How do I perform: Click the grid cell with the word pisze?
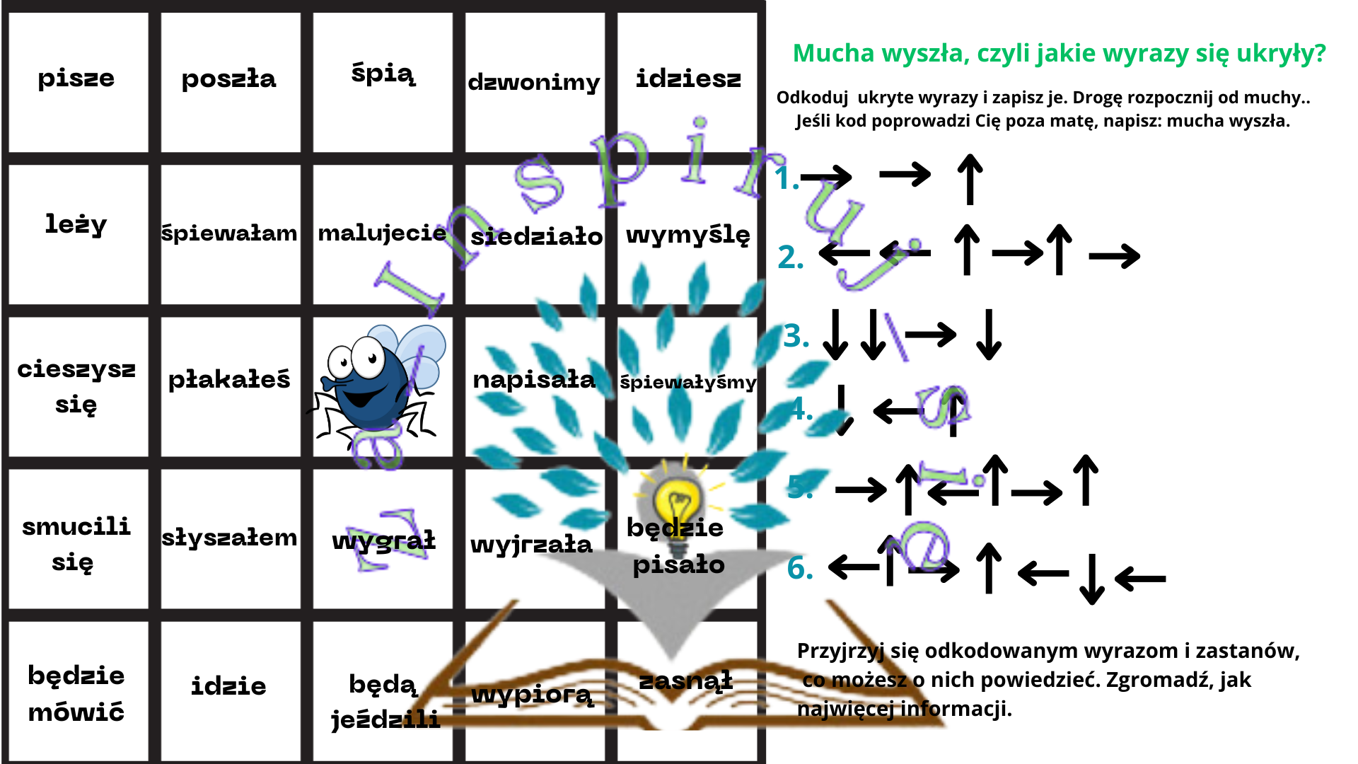click(x=76, y=79)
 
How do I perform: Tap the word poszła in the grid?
click(x=228, y=79)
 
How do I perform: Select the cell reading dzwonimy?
click(x=534, y=82)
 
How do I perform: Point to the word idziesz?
click(x=688, y=79)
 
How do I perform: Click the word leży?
click(x=76, y=225)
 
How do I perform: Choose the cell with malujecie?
click(x=382, y=233)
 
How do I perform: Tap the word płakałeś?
click(x=229, y=380)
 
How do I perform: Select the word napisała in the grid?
click(x=534, y=380)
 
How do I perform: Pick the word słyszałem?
click(x=229, y=538)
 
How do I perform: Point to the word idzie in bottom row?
click(x=228, y=686)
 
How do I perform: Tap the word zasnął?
click(x=685, y=681)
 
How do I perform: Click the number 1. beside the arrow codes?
click(x=787, y=178)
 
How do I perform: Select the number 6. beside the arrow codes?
click(x=800, y=568)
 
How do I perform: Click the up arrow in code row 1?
click(x=970, y=180)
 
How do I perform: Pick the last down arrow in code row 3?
click(x=988, y=335)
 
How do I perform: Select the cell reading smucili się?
click(x=76, y=543)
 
